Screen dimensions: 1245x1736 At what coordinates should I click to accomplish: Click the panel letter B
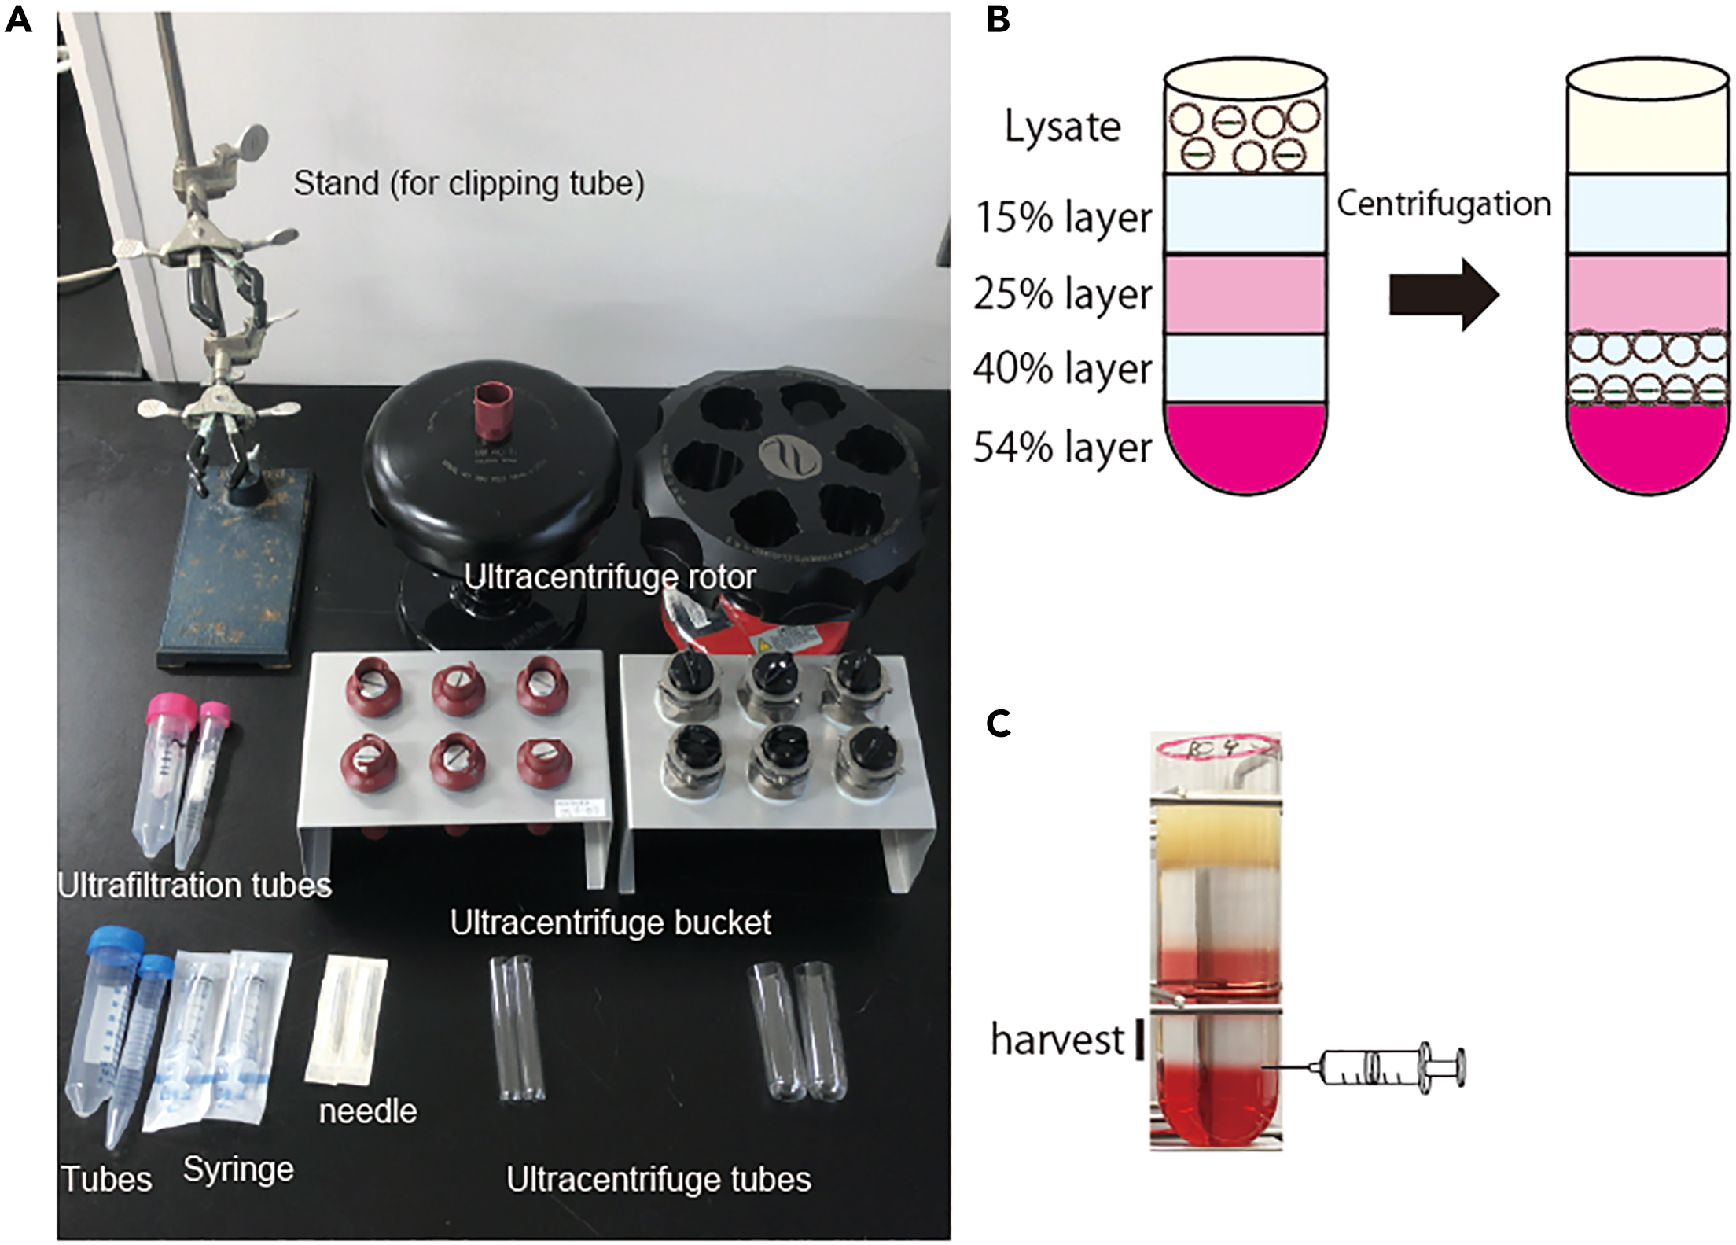tap(998, 19)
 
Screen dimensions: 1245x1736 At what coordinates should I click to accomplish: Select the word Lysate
tap(1062, 127)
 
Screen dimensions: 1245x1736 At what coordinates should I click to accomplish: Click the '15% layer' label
tap(1063, 217)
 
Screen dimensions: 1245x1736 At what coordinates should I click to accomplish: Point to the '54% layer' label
tap(1063, 448)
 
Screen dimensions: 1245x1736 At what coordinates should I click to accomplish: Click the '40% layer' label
tap(1063, 369)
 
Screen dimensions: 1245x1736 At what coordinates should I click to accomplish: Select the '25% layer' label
tap(1063, 294)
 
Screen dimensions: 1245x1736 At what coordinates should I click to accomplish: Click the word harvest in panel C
tap(1057, 1040)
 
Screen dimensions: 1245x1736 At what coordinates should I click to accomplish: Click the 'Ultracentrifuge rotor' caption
tap(609, 577)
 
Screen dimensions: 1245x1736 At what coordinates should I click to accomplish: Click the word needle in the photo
tap(367, 1111)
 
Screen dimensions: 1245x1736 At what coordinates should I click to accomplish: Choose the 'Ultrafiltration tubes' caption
tap(194, 886)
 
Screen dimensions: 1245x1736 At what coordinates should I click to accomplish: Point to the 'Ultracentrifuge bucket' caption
tap(610, 923)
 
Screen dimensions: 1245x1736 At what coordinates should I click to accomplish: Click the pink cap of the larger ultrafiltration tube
tap(171, 710)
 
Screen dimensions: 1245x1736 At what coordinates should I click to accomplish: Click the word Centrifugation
tap(1444, 204)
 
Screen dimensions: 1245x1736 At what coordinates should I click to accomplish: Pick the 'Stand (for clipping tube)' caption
tap(469, 184)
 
